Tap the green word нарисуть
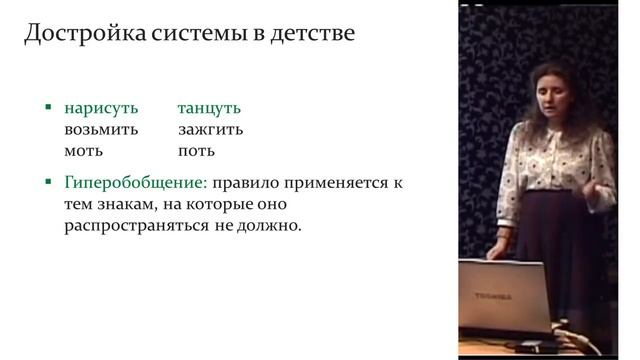click(x=101, y=108)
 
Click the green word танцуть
click(x=209, y=108)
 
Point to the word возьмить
click(x=102, y=130)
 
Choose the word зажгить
click(x=210, y=130)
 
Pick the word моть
click(x=82, y=151)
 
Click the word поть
click(x=196, y=151)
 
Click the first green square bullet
click(x=47, y=107)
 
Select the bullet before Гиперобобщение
click(x=47, y=183)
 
